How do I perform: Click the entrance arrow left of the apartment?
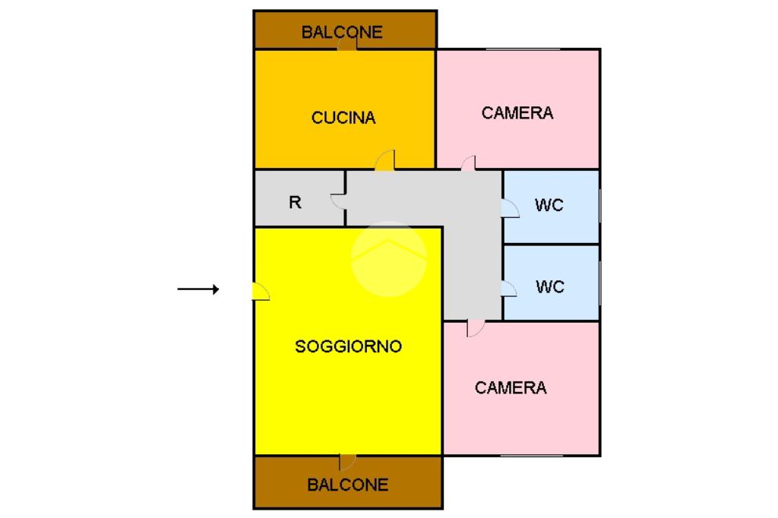198,289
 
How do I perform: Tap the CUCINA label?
343,118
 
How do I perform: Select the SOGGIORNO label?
348,346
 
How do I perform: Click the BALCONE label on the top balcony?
342,32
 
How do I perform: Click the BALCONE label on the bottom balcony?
347,485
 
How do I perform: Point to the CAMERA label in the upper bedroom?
517,113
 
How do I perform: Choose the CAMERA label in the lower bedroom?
511,388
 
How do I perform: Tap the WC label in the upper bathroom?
549,205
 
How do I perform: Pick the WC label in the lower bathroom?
550,286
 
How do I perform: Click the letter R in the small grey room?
295,203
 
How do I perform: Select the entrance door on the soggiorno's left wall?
260,291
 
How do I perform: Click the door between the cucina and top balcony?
347,43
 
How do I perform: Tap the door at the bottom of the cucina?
385,160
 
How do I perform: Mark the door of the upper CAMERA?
468,163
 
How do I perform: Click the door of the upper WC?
510,208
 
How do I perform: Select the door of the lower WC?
509,288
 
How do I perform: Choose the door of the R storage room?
338,201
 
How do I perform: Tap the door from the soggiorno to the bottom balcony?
346,462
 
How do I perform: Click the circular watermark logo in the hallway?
389,258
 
